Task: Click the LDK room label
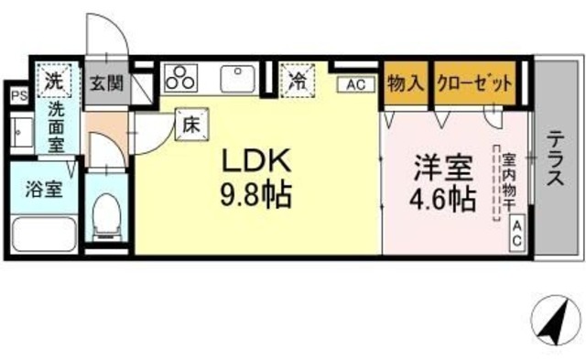point(257,162)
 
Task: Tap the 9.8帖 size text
point(257,195)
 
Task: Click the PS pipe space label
point(16,94)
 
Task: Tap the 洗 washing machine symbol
point(56,80)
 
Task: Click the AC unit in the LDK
point(356,84)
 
